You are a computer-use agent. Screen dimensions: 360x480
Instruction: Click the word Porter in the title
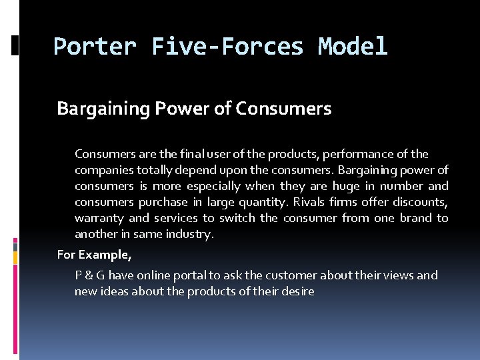click(x=95, y=47)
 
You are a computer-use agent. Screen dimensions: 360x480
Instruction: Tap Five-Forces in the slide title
click(x=227, y=47)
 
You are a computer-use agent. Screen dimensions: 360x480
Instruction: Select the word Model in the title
click(x=353, y=47)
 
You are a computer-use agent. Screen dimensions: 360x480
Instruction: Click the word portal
click(x=199, y=275)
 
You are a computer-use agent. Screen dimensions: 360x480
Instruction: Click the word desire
click(x=297, y=291)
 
